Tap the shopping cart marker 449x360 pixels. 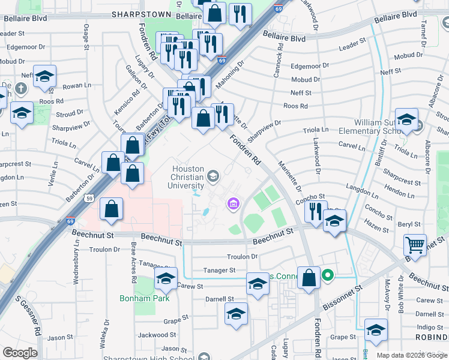point(415,245)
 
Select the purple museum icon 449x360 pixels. point(234,205)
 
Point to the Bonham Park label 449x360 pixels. point(145,298)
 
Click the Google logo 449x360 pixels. point(20,353)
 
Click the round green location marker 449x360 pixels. point(327,276)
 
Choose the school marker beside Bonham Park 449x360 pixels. point(166,278)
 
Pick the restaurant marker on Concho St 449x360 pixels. point(315,211)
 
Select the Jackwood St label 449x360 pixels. point(157,335)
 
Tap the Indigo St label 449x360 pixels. point(430,327)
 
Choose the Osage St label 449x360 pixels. point(86,35)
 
